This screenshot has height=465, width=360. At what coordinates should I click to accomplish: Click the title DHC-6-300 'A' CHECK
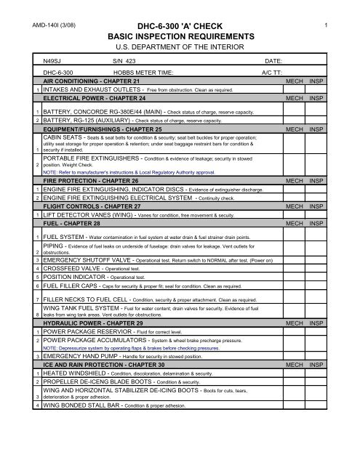(x=179, y=25)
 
